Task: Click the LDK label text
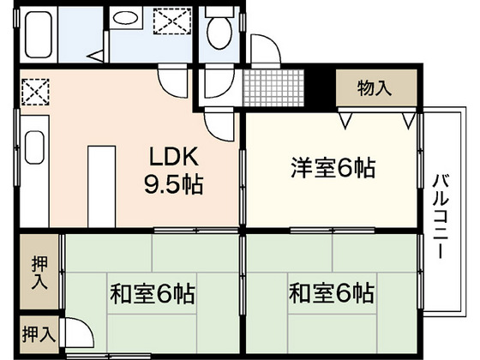point(174,156)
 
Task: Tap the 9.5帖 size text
point(173,184)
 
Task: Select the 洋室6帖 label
point(333,168)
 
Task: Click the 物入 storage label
point(375,87)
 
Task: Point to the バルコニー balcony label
point(441,216)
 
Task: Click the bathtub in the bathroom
point(39,34)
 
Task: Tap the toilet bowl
point(219,33)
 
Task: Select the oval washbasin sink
point(125,18)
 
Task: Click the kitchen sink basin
point(34,147)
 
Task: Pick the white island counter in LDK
point(102,187)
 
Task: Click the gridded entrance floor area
point(273,87)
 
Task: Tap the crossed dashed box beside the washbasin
point(172,21)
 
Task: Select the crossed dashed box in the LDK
point(35,92)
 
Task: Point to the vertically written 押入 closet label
point(39,273)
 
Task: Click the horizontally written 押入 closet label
point(39,334)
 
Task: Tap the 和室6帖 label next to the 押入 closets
point(153,294)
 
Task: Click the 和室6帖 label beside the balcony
point(332,293)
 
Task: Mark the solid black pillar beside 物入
point(320,88)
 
